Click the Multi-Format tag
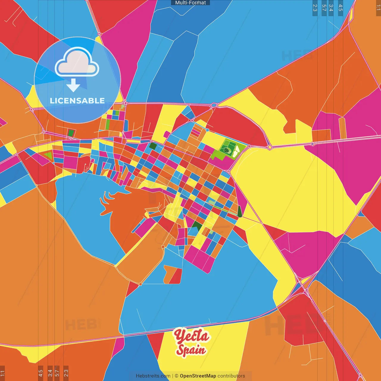tap(190, 3)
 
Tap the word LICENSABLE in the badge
tap(77, 101)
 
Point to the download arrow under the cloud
tap(73, 85)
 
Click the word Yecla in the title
tap(192, 337)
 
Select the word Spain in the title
tap(191, 350)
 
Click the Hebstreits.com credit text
tap(153, 376)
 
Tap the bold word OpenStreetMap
tap(198, 376)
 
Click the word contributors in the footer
tap(231, 376)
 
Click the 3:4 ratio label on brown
tap(50, 373)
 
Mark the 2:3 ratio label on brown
tap(66, 373)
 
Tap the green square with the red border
tap(71, 133)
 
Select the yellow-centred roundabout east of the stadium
tap(270, 147)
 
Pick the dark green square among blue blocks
tap(153, 146)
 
